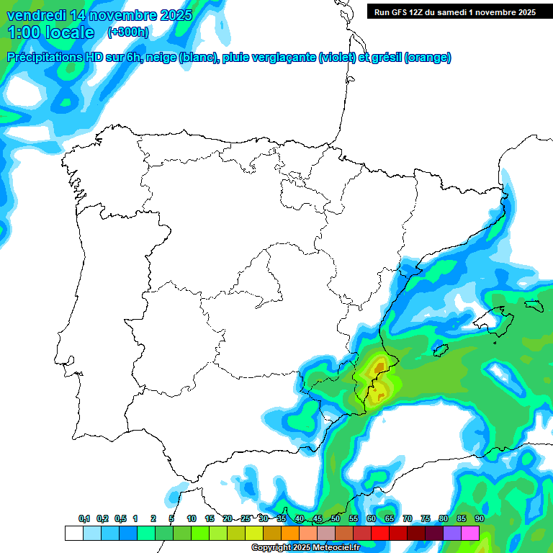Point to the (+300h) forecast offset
click(x=127, y=32)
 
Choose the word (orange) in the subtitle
click(x=428, y=58)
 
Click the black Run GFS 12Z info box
click(x=454, y=12)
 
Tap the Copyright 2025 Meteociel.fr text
click(x=305, y=548)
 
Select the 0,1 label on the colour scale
click(x=84, y=518)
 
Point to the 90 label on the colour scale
click(x=480, y=518)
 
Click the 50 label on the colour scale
click(x=336, y=518)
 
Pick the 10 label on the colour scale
click(x=192, y=518)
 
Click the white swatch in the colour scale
click(x=73, y=533)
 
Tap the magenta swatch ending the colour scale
click(x=470, y=533)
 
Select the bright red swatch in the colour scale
click(x=380, y=533)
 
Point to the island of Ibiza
click(x=441, y=350)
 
